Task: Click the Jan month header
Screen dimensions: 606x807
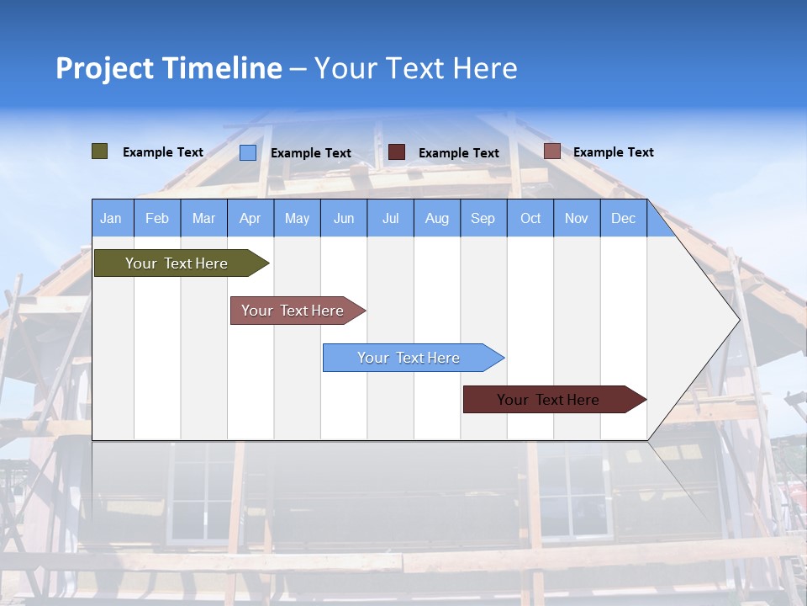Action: coord(111,218)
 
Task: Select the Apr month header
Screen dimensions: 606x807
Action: coord(251,218)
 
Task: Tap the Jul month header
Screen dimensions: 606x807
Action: coord(390,218)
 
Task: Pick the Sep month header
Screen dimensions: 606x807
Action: coord(483,218)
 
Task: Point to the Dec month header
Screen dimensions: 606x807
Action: coord(623,218)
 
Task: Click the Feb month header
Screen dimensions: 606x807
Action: coord(157,218)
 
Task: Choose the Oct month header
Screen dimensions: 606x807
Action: coord(530,218)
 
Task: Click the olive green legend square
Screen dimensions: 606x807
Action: coord(99,151)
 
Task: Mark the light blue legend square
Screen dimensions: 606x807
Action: coord(248,152)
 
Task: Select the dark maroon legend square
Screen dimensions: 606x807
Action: coord(397,152)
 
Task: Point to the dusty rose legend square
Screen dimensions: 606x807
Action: coord(551,151)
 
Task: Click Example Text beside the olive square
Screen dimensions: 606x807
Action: coord(163,152)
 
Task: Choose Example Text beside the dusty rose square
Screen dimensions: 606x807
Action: coord(614,152)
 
